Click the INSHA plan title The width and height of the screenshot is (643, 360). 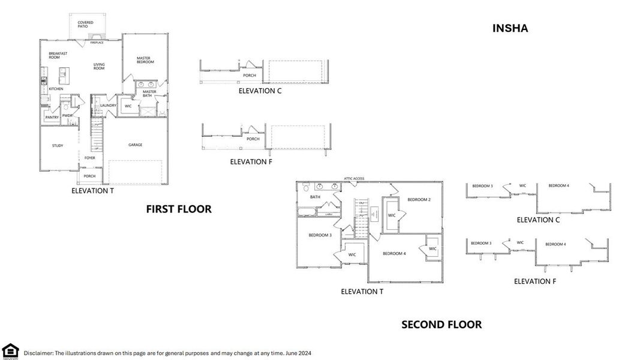(x=510, y=28)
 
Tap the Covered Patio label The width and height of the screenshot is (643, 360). (x=86, y=25)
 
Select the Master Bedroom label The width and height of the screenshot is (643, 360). (x=144, y=61)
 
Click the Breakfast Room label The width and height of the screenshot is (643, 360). (x=58, y=55)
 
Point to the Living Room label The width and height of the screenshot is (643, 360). (x=99, y=67)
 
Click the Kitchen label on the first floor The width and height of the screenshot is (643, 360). (x=56, y=89)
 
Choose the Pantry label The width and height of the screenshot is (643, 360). (x=52, y=117)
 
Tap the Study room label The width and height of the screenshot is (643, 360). (x=58, y=145)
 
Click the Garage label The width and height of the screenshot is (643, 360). (x=136, y=145)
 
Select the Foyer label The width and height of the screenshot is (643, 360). (x=89, y=158)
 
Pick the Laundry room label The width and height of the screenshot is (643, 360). (x=109, y=106)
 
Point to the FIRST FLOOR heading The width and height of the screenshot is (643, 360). (x=179, y=209)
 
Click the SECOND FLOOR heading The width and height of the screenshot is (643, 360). (x=441, y=325)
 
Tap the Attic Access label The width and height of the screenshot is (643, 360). (x=353, y=178)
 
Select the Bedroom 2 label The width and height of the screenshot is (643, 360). (x=419, y=199)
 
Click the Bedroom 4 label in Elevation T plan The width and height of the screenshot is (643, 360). (x=394, y=253)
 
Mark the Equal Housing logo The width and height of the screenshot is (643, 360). (x=10, y=351)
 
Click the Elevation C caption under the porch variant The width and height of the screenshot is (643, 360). (x=260, y=91)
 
